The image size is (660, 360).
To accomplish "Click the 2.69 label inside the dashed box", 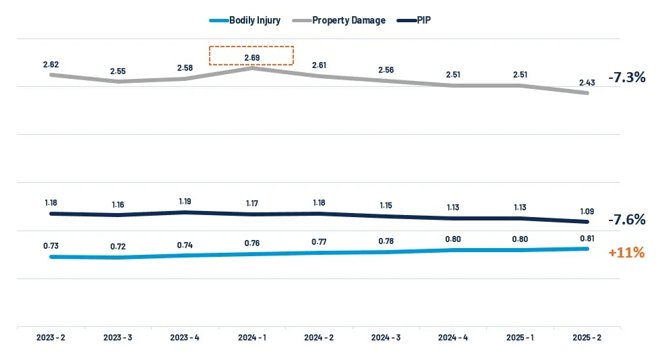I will pos(251,56).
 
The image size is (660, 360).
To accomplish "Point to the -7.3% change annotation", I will pos(626,78).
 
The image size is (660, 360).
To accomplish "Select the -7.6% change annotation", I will pos(626,220).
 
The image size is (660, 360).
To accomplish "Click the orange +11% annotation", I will pos(626,253).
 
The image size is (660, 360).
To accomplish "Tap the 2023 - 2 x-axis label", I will pos(51,337).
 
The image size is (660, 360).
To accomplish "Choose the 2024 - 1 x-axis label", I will pos(251,337).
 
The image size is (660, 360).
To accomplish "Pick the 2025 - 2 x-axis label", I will pos(587,337).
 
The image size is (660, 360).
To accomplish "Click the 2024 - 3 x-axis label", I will pos(386,337).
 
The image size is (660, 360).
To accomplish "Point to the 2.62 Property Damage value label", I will pos(51,65).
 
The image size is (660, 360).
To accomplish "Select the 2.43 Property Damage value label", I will pos(587,83).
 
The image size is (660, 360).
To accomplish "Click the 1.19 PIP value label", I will pos(185,202).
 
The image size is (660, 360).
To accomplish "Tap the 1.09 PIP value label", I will pos(587,211).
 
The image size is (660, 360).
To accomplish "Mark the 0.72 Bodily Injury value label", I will pos(118,247).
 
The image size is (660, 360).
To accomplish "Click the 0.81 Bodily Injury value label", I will pos(587,238).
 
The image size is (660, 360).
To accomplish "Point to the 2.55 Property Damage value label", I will pos(118,71).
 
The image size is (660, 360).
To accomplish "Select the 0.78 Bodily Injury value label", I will pos(386,241).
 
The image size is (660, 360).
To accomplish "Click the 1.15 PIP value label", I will pos(386,205).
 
